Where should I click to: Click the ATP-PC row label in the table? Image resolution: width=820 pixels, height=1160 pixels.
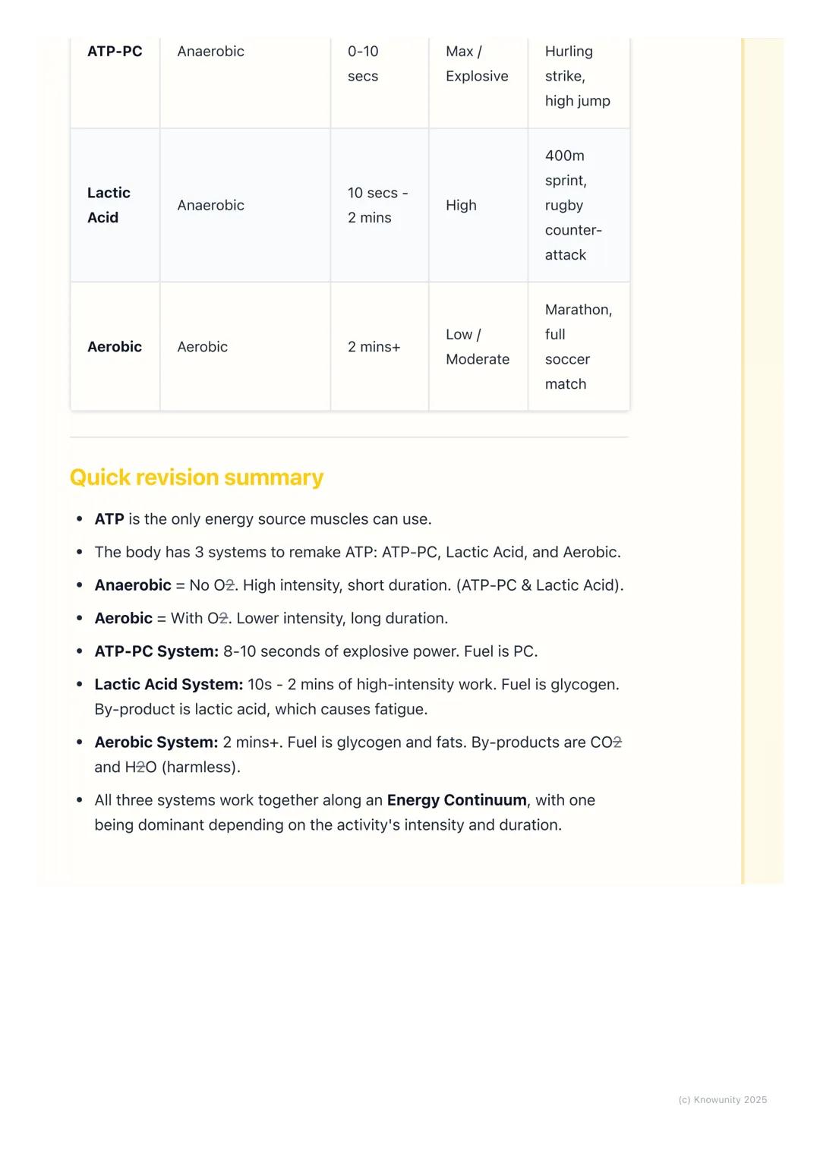115,52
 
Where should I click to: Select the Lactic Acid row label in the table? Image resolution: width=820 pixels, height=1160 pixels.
109,205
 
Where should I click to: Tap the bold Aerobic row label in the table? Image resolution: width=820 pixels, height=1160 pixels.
115,347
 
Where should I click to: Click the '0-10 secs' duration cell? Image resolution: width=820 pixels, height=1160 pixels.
363,64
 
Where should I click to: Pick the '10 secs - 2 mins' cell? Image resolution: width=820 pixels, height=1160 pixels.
377,205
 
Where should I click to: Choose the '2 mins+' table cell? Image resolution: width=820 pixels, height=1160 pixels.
374,347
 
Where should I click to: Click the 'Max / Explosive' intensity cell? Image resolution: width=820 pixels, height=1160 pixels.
477,64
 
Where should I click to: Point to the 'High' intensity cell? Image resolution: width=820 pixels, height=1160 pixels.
461,205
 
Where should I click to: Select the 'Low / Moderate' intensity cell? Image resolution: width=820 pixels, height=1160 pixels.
477,347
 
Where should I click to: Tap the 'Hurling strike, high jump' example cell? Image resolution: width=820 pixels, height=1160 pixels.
577,76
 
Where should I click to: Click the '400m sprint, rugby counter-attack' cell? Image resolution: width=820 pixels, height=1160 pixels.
573,205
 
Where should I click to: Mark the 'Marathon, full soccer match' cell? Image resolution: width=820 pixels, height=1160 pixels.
578,347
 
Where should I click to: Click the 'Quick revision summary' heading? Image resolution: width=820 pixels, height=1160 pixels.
197,478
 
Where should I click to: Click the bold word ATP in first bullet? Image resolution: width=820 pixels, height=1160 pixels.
109,519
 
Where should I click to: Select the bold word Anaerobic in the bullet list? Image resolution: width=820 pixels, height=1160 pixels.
133,585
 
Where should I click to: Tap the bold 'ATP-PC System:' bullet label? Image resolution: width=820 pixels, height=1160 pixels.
156,651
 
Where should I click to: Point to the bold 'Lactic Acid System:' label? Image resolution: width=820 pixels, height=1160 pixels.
169,685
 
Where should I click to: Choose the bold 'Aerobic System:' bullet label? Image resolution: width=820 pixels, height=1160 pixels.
156,742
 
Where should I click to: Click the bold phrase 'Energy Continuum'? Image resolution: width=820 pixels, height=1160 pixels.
456,800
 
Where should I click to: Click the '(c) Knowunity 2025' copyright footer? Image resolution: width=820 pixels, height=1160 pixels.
722,1100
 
